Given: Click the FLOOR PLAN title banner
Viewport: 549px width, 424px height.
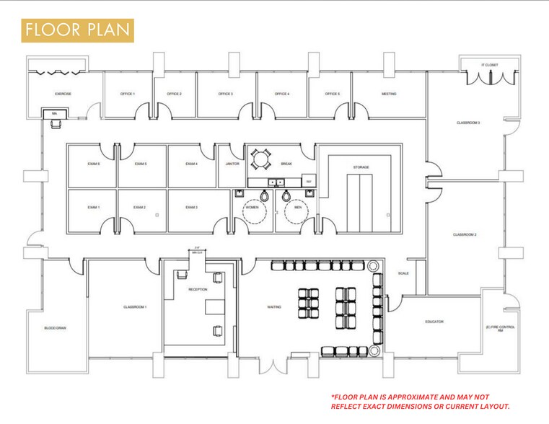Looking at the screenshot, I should click(77, 30).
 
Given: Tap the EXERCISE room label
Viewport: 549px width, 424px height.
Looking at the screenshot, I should click(63, 94).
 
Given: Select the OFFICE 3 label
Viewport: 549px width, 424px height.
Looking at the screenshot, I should click(225, 94).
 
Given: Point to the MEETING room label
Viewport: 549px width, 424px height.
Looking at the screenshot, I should click(389, 94).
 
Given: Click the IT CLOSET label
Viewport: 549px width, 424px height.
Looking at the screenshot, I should click(490, 66).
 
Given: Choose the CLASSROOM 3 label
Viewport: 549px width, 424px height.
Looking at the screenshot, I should click(468, 123).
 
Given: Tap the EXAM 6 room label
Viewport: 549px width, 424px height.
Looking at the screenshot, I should click(93, 164).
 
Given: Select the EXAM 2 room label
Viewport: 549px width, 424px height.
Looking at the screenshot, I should click(139, 208).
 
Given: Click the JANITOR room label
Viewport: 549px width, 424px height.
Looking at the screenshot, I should click(232, 164).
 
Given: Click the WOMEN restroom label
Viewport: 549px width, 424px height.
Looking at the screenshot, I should click(252, 208).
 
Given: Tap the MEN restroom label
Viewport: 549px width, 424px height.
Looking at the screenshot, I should click(297, 208).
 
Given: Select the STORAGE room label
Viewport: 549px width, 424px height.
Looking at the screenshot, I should click(361, 167).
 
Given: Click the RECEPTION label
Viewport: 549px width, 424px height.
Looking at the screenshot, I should click(198, 289).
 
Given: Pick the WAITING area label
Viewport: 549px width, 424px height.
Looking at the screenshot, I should click(274, 306).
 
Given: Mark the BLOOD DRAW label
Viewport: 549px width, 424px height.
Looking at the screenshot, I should click(55, 328).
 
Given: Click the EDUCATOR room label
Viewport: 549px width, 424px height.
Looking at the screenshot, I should click(434, 322).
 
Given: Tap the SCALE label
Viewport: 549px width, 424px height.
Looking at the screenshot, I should click(403, 273).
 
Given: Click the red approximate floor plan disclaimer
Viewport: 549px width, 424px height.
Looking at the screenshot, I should click(420, 402).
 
